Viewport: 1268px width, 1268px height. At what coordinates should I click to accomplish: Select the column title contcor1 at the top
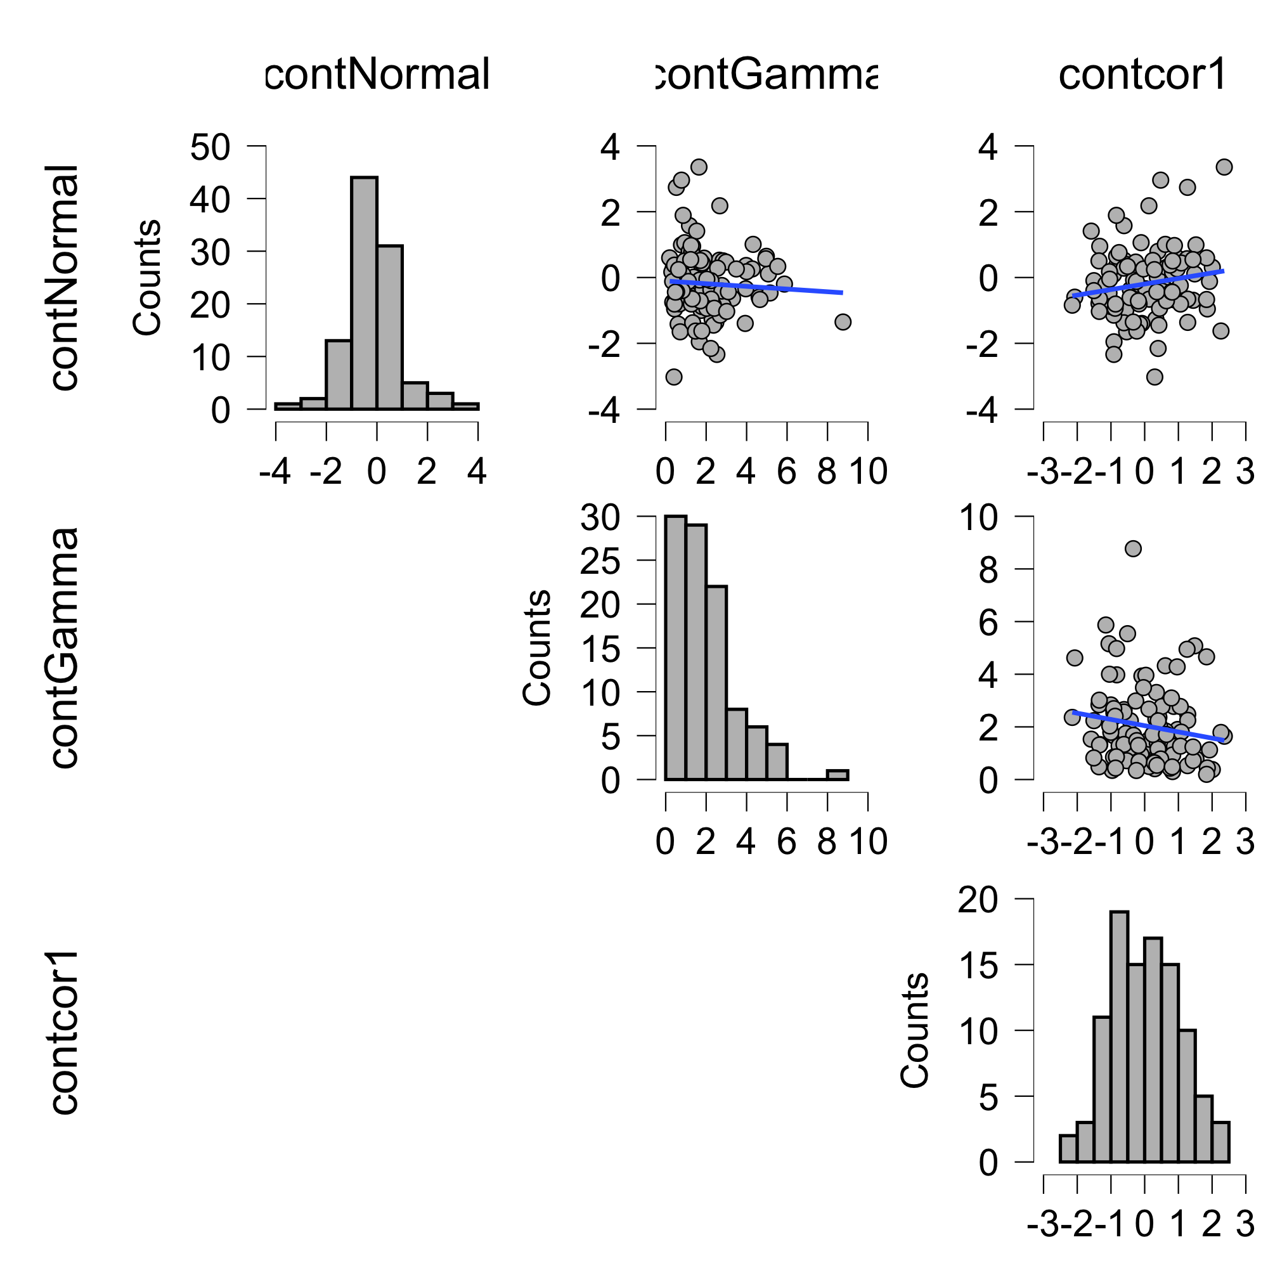coord(1142,74)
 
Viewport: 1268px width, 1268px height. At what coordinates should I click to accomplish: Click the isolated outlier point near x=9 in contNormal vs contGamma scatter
coord(843,321)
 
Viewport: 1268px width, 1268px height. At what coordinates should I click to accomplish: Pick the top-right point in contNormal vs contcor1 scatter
coord(1224,167)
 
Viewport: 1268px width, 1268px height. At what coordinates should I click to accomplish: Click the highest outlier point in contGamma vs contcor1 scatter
coord(1133,548)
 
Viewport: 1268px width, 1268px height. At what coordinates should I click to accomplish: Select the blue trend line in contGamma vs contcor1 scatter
coord(1149,726)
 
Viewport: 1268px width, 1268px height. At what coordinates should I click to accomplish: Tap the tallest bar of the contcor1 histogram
coord(1120,1037)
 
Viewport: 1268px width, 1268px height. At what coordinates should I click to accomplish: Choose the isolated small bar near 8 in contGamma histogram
coord(838,775)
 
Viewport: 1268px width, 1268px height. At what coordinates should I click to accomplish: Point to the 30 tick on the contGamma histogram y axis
coord(600,518)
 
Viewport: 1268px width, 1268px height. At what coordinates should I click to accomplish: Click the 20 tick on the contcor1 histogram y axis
coord(978,900)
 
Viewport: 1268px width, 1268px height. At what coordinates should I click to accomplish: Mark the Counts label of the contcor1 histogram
coord(914,1030)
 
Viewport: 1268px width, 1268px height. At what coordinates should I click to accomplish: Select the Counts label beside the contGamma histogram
coord(536,648)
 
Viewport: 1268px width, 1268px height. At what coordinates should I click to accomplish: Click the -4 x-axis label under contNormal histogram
coord(275,472)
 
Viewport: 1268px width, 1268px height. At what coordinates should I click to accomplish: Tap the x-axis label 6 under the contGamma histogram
coord(787,842)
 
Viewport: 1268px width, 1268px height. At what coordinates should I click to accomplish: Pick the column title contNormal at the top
coord(377,74)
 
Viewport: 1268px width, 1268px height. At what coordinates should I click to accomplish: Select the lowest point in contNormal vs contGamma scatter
coord(673,377)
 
